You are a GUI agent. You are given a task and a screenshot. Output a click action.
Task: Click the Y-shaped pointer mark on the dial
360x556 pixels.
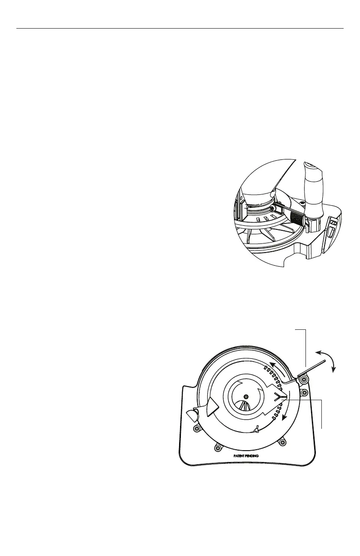[x=281, y=397]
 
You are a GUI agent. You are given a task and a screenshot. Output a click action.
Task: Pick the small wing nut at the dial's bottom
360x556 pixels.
[x=258, y=427]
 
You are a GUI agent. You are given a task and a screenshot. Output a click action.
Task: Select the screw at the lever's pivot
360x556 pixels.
[x=304, y=380]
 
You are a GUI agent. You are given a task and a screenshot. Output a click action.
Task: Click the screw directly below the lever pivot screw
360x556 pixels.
[x=304, y=392]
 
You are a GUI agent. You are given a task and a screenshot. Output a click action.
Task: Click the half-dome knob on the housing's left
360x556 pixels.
[x=191, y=414]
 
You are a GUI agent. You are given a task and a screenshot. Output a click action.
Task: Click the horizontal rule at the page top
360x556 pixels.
[x=180, y=29]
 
